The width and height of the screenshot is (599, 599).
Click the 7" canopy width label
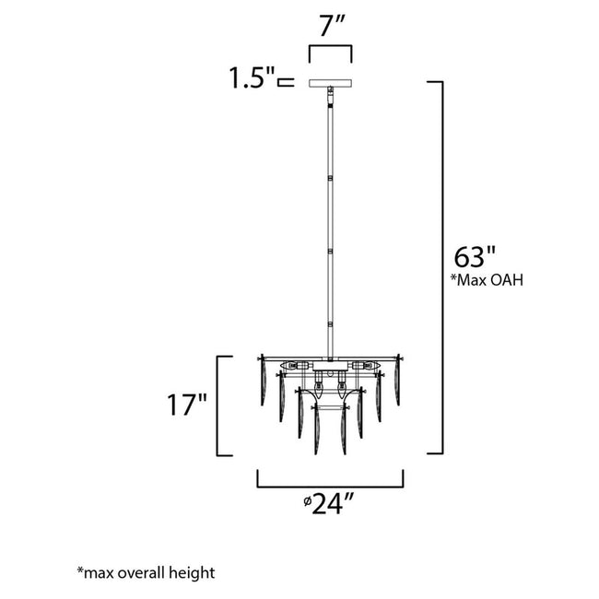[329, 28]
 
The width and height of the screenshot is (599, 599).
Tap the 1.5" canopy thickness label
[251, 80]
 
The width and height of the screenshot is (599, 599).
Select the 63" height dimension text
[476, 255]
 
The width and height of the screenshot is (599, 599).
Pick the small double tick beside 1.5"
[285, 83]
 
